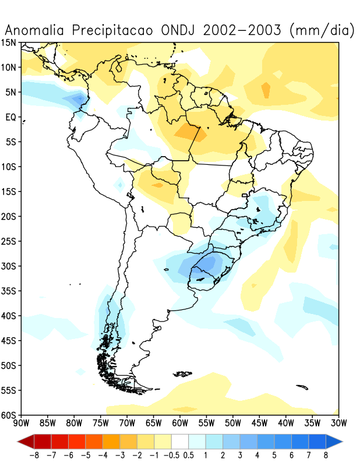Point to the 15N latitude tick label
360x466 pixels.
click(x=9, y=43)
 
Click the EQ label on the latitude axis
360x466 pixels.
click(x=10, y=117)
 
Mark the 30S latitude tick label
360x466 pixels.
click(x=9, y=266)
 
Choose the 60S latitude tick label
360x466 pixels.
click(x=9, y=415)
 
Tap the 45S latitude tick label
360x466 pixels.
click(x=9, y=340)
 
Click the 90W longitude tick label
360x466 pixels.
click(x=21, y=422)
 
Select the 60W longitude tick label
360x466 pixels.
click(x=180, y=422)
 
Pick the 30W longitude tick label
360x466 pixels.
click(x=338, y=422)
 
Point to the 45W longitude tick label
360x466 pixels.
click(x=259, y=422)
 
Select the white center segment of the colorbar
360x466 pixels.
click(x=180, y=440)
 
